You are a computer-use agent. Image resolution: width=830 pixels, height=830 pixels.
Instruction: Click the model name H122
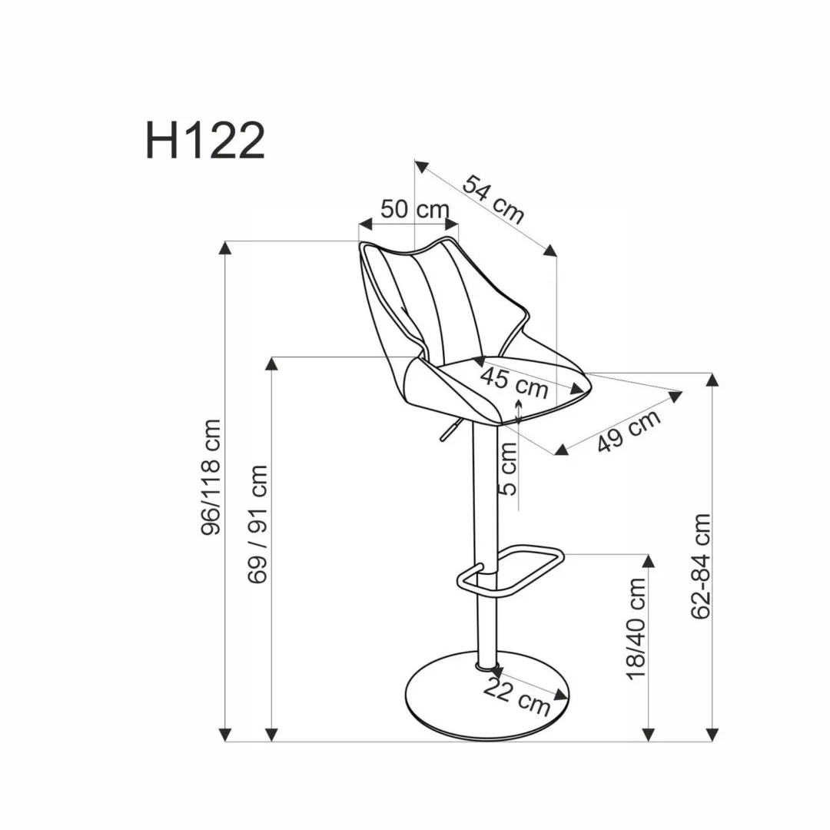tap(205, 140)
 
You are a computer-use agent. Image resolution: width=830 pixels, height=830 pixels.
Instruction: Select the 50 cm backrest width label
tap(414, 209)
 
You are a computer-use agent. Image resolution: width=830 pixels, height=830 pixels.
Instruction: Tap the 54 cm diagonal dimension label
tap(493, 199)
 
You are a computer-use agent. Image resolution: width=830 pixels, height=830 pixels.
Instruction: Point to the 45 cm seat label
tap(514, 382)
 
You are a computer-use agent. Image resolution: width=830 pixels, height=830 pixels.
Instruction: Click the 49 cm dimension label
tap(629, 430)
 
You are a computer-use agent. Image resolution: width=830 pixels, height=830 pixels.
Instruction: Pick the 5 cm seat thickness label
tap(508, 470)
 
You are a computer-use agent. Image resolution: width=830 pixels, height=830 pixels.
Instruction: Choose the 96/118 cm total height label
tap(211, 477)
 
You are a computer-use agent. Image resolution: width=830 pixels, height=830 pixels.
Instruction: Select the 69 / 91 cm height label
tap(258, 524)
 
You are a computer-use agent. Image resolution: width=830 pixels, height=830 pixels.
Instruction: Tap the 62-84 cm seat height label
tap(701, 566)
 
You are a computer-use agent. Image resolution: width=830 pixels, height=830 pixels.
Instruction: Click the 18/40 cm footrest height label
tap(636, 629)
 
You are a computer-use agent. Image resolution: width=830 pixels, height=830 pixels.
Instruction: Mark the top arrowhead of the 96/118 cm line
tap(225, 247)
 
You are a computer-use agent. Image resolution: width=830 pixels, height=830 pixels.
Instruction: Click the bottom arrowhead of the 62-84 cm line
tap(714, 735)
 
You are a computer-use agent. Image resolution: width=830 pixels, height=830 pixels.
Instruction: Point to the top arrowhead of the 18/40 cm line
tap(649, 560)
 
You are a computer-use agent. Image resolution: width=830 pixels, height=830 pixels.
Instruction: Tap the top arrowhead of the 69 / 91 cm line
tap(271, 364)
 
